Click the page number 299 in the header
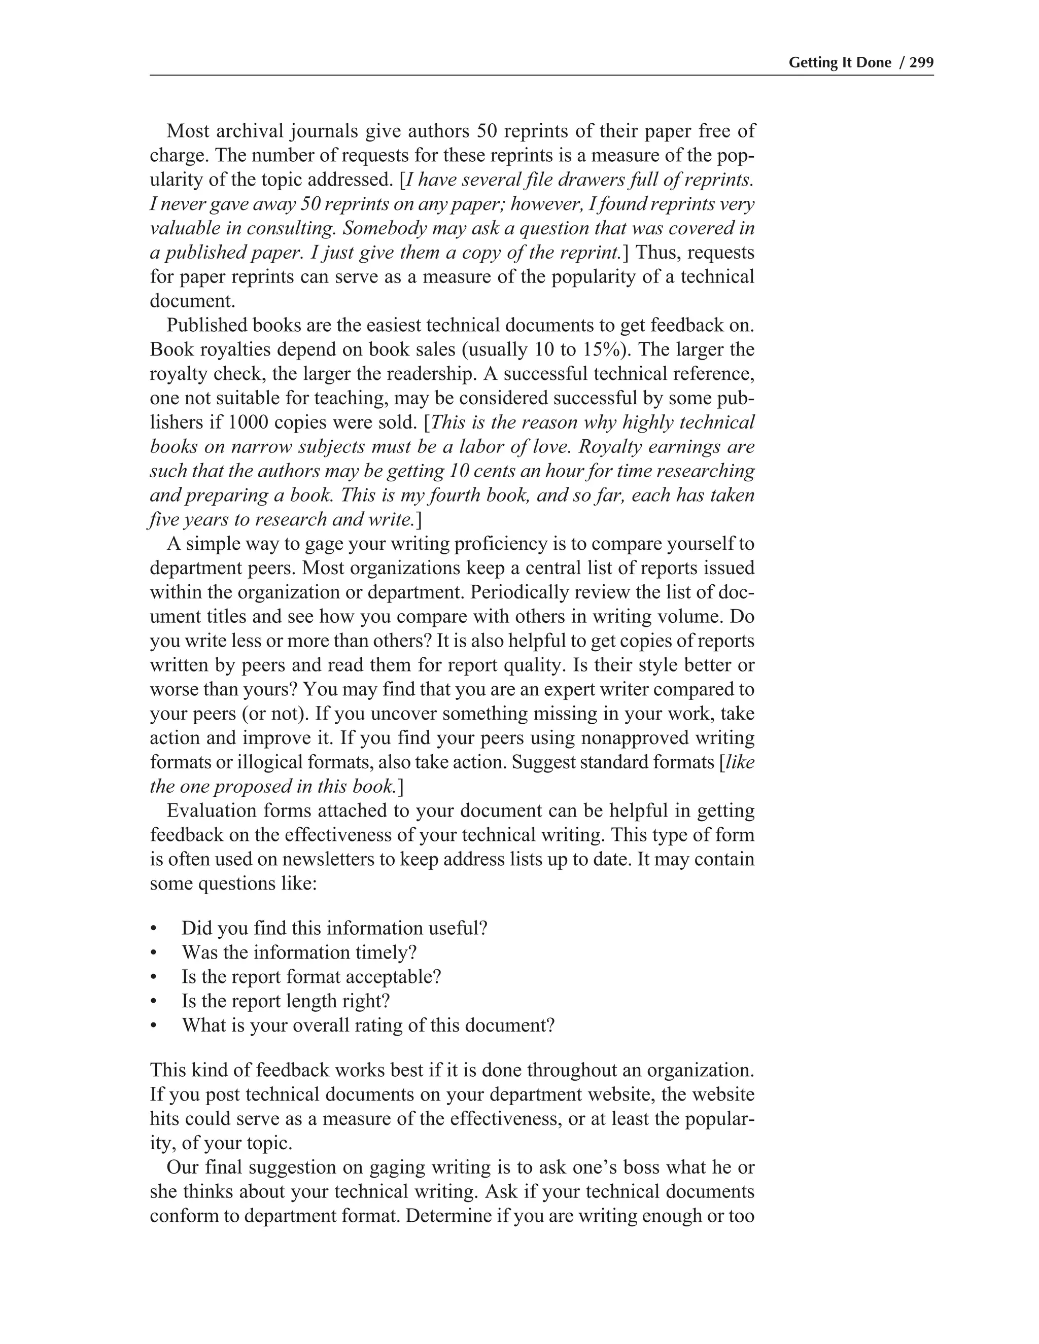[921, 63]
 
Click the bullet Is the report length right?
[286, 1001]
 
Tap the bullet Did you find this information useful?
[334, 928]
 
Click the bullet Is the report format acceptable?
[311, 977]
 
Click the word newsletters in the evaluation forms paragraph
[329, 859]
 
